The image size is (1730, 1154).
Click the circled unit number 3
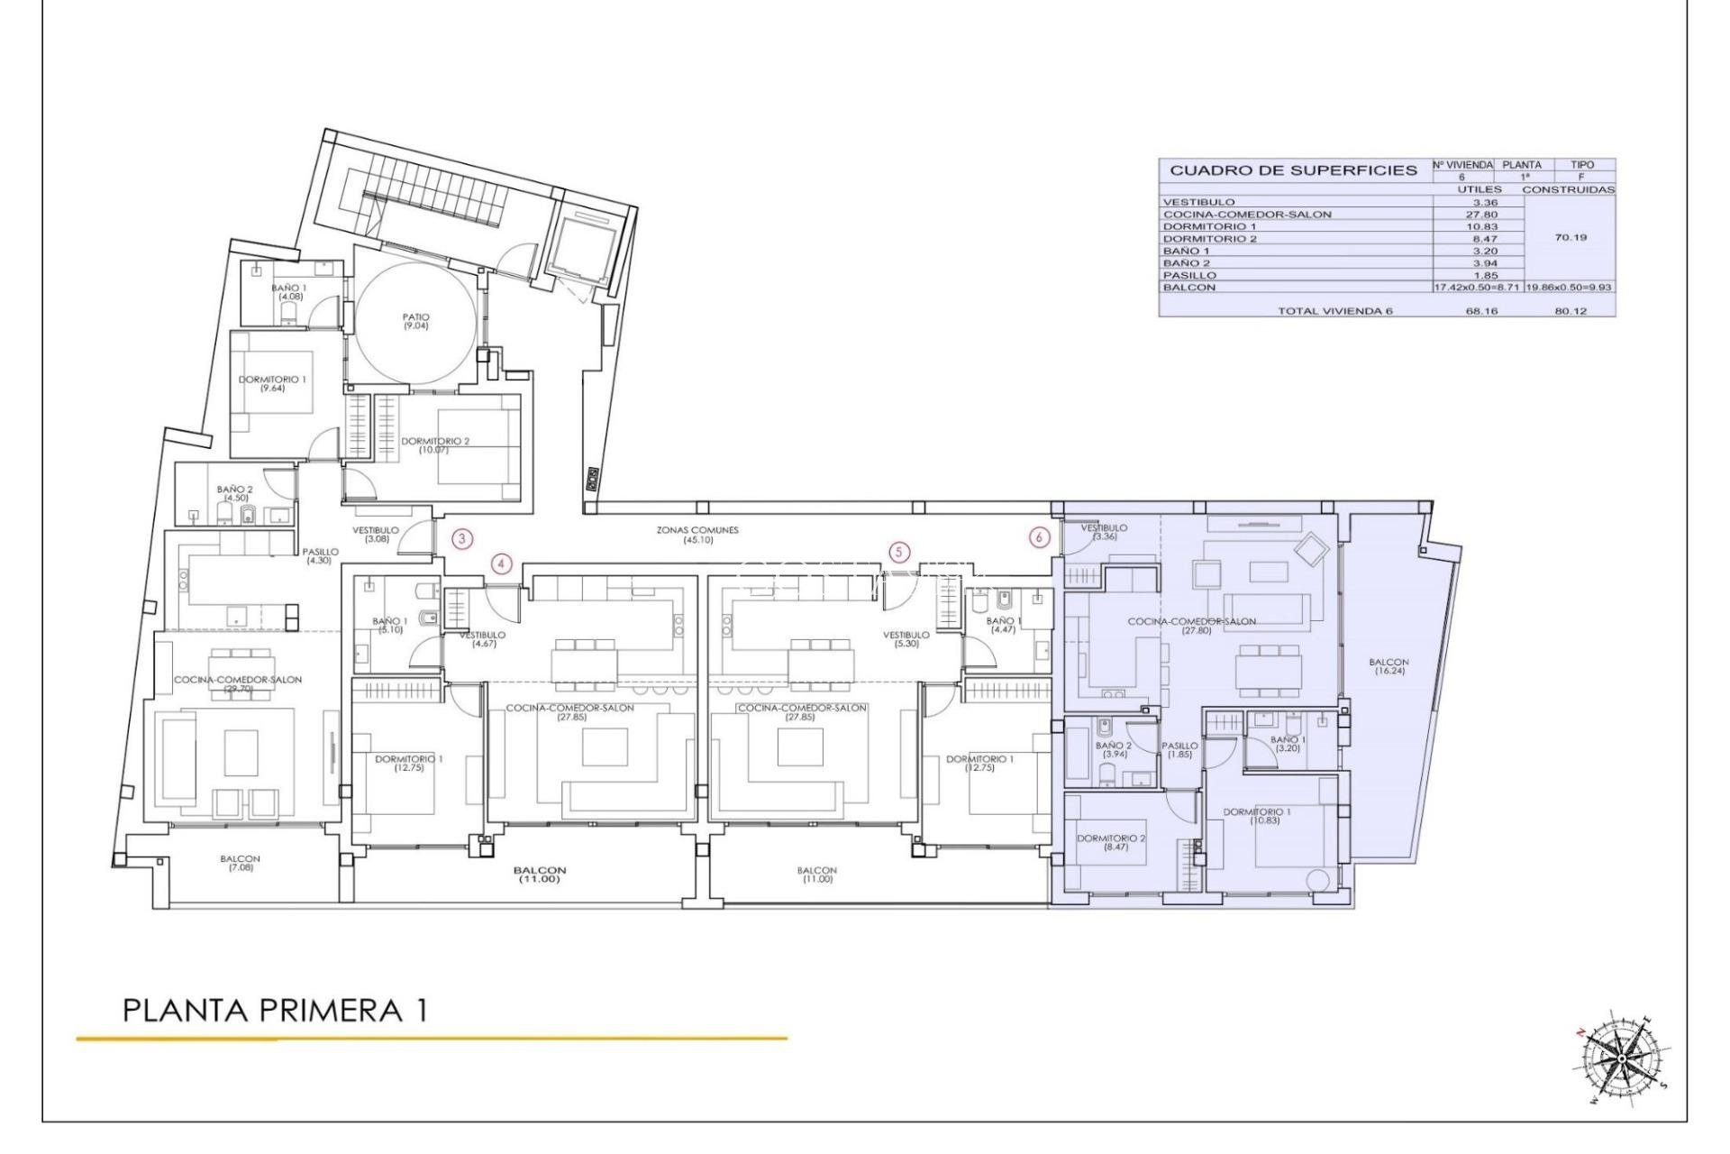461,540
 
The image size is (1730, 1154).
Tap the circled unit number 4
502,565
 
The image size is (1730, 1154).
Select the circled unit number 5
898,552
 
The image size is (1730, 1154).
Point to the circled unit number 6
1040,537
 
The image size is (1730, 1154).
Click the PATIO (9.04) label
416,321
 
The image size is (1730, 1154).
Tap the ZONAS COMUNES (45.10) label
697,535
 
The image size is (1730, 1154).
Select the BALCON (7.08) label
240,863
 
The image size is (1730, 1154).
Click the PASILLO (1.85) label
1179,749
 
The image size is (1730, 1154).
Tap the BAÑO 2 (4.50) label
235,493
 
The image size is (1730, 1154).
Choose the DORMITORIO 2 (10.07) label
435,444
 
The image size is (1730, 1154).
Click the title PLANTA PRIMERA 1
274,1011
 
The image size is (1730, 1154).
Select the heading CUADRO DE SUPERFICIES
1293,170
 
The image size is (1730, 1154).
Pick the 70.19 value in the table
1571,238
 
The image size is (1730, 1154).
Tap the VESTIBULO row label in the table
1198,202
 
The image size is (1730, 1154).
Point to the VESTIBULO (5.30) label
906,639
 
